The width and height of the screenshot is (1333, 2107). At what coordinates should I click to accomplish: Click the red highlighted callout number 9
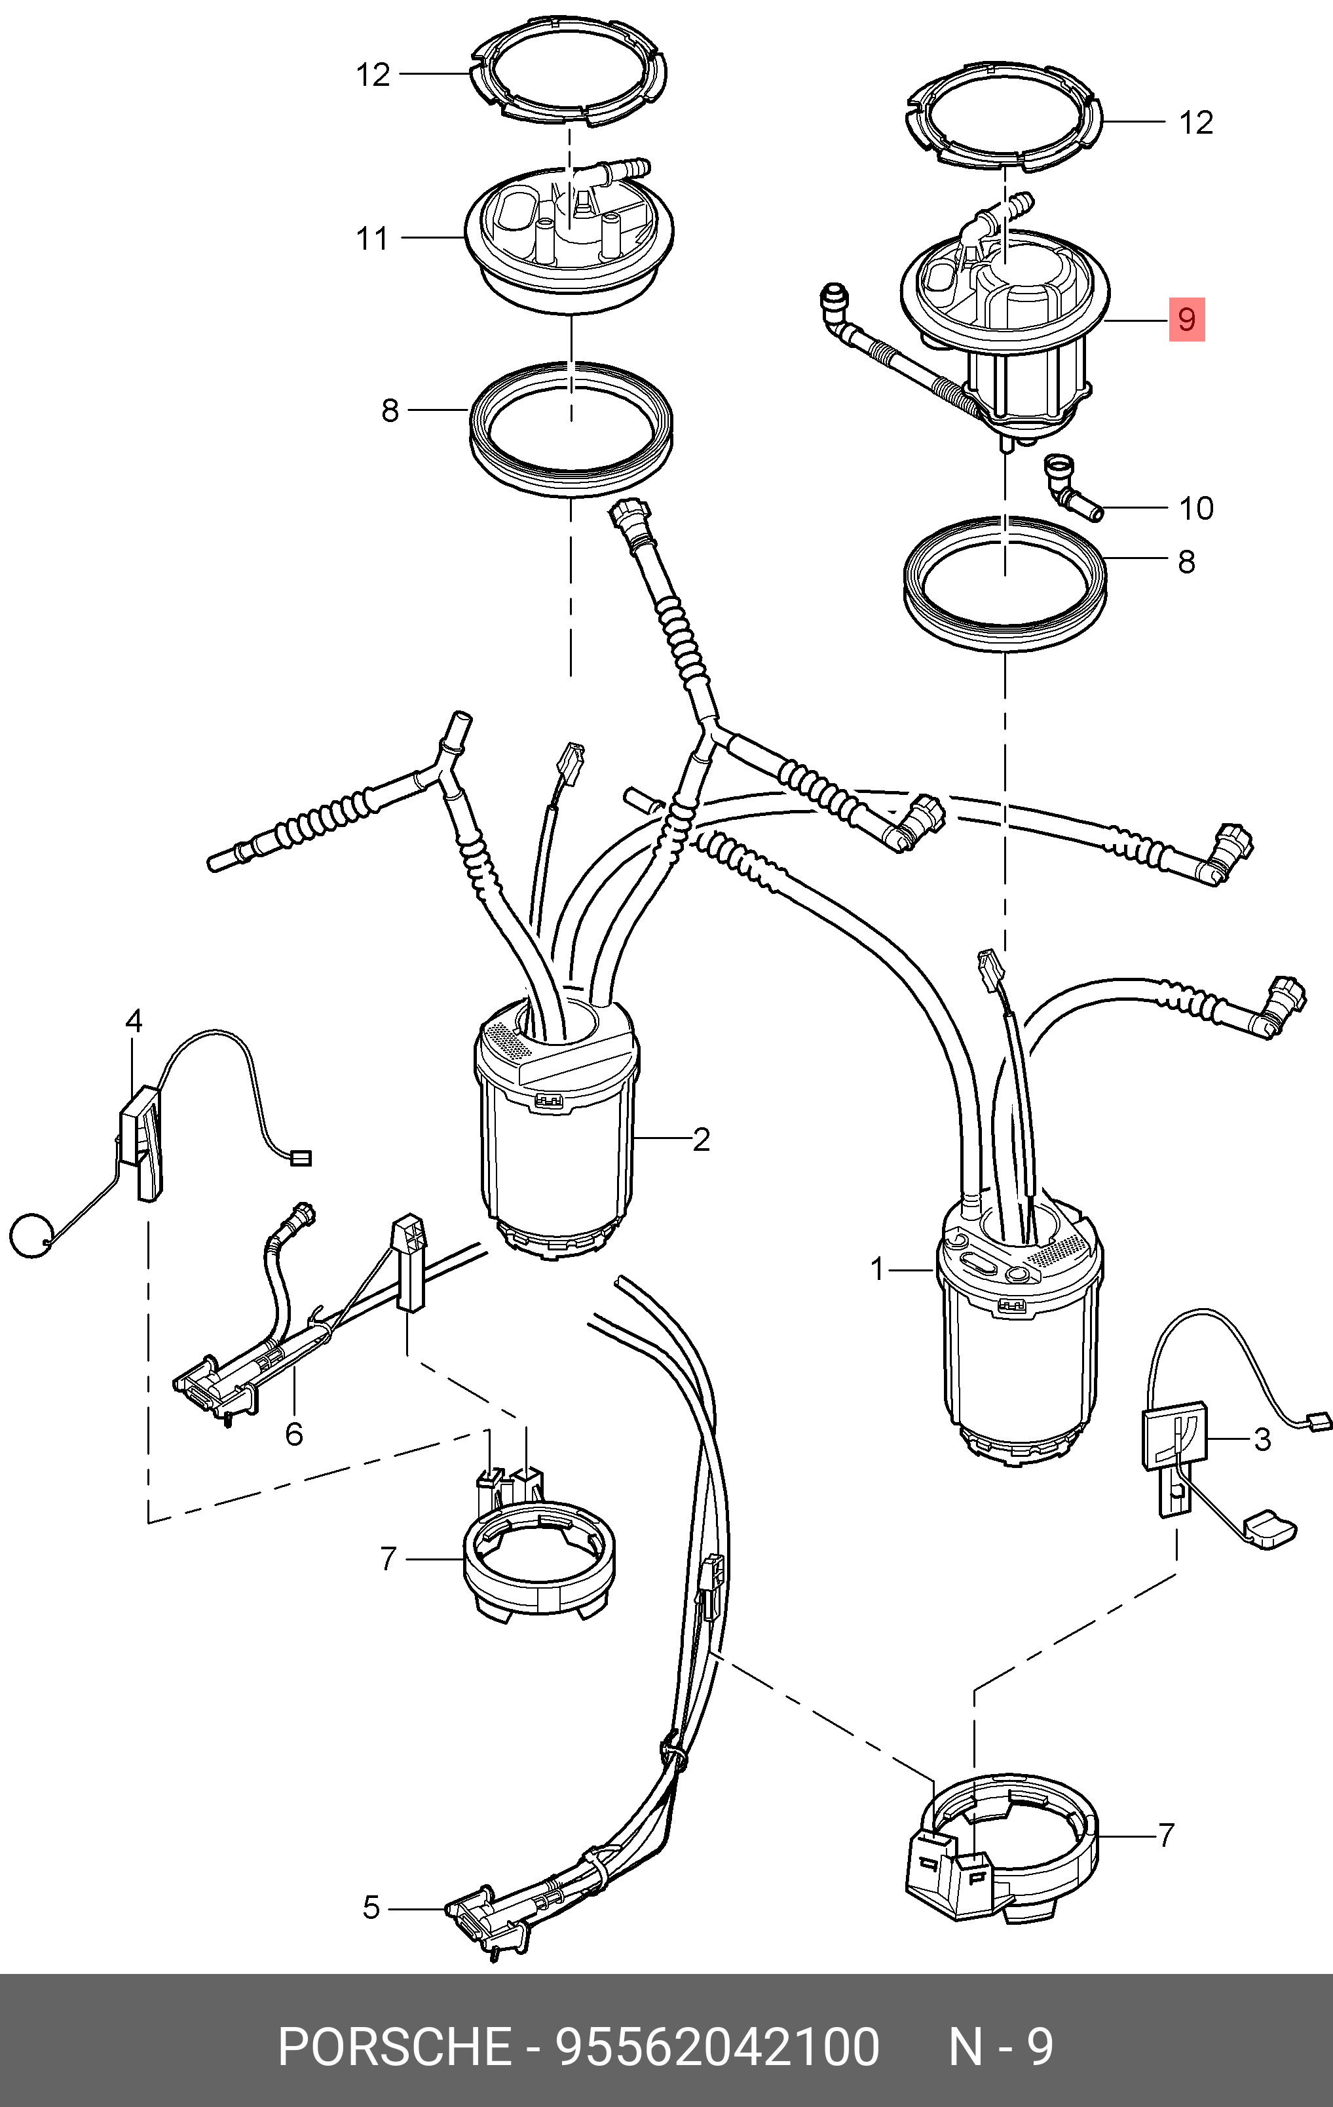1187,319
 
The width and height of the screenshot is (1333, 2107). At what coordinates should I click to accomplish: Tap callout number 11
373,238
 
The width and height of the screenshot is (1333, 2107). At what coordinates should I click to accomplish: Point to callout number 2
701,1139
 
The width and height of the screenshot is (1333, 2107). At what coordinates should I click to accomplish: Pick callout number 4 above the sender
134,1021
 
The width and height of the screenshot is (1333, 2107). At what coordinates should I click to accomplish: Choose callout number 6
295,1433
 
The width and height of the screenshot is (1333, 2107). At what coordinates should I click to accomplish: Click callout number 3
1262,1439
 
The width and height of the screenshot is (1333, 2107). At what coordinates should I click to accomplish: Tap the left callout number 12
373,75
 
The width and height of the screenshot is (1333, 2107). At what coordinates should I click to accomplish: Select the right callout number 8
1186,562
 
